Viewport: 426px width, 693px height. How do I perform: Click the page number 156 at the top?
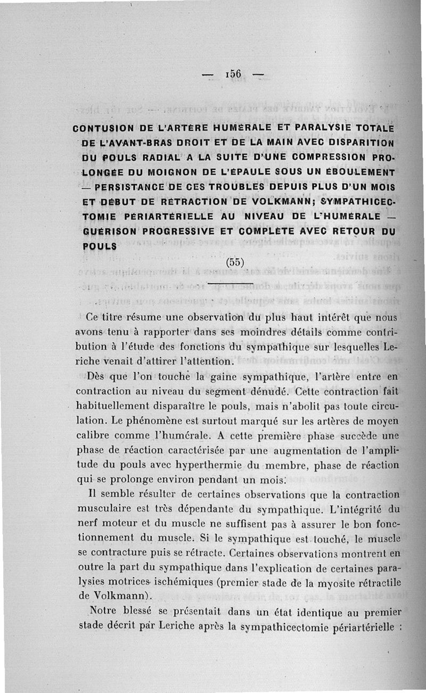pyautogui.click(x=234, y=73)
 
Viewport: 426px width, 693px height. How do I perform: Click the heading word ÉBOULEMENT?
pyautogui.click(x=363, y=172)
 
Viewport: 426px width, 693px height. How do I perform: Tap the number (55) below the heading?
pyautogui.click(x=235, y=262)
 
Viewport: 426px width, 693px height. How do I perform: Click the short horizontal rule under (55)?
pyautogui.click(x=230, y=283)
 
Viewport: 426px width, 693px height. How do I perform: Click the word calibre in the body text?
pyautogui.click(x=94, y=435)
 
